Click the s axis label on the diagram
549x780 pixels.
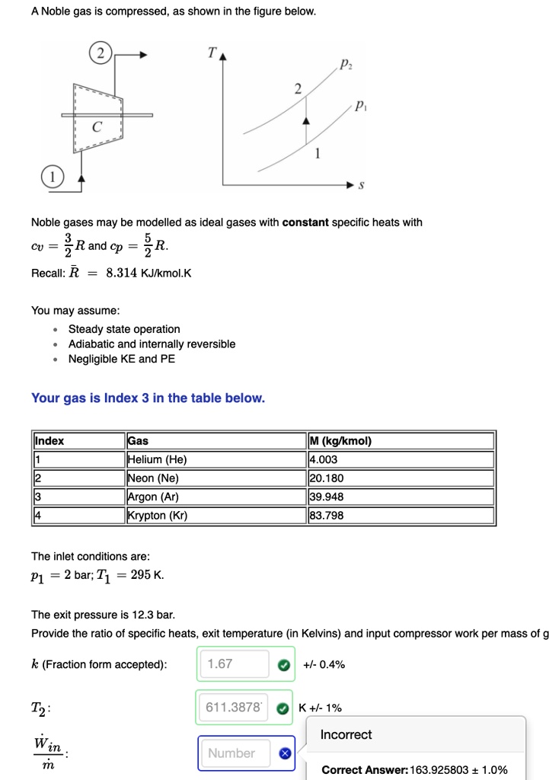[361, 185]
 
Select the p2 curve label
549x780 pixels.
[347, 65]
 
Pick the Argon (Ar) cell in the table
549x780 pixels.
[155, 497]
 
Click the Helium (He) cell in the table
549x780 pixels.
[157, 459]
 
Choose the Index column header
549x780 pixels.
[49, 441]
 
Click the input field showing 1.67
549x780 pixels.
[235, 664]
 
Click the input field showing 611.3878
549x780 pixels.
[235, 708]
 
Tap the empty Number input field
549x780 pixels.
[235, 753]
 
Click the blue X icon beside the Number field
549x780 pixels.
[284, 753]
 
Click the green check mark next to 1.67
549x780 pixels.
[283, 664]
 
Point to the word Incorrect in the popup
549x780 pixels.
[346, 734]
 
